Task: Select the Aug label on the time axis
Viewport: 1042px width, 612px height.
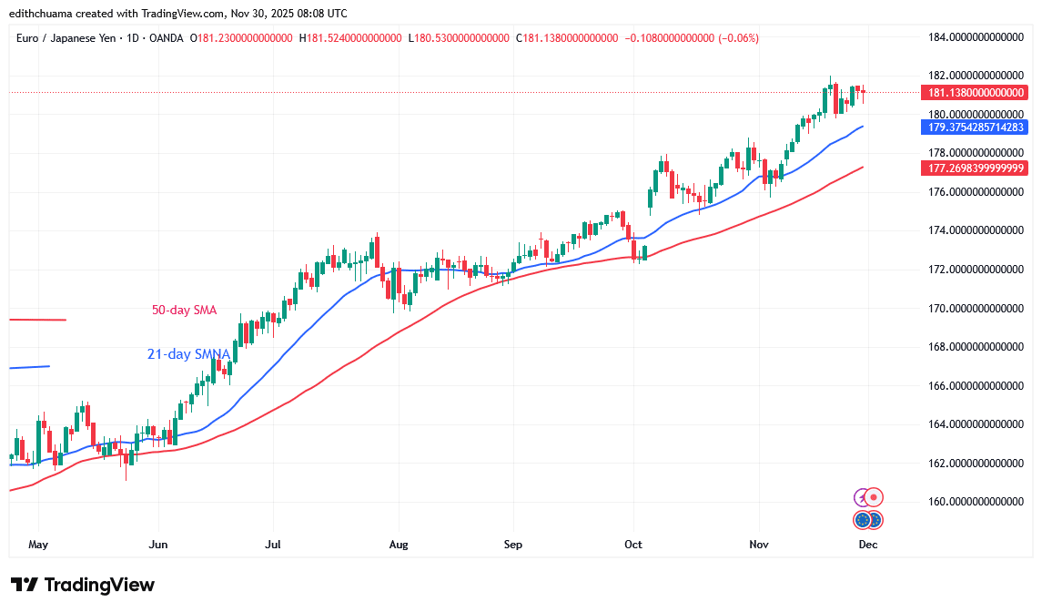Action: (398, 545)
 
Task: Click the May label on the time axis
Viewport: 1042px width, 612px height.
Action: (38, 545)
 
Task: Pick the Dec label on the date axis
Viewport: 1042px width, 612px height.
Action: (868, 545)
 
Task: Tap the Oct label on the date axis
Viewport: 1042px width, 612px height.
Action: (633, 545)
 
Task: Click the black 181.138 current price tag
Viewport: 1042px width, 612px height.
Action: (975, 93)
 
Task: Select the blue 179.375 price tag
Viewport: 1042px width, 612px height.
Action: (975, 127)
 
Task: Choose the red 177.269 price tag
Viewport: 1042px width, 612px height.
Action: (975, 168)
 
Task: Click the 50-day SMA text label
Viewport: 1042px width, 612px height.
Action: (184, 311)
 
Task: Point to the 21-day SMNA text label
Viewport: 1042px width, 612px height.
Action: (188, 354)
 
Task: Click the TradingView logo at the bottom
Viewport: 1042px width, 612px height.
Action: (83, 585)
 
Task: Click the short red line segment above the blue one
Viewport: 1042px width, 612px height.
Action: (37, 320)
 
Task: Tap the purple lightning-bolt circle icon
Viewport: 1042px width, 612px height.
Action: (861, 498)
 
